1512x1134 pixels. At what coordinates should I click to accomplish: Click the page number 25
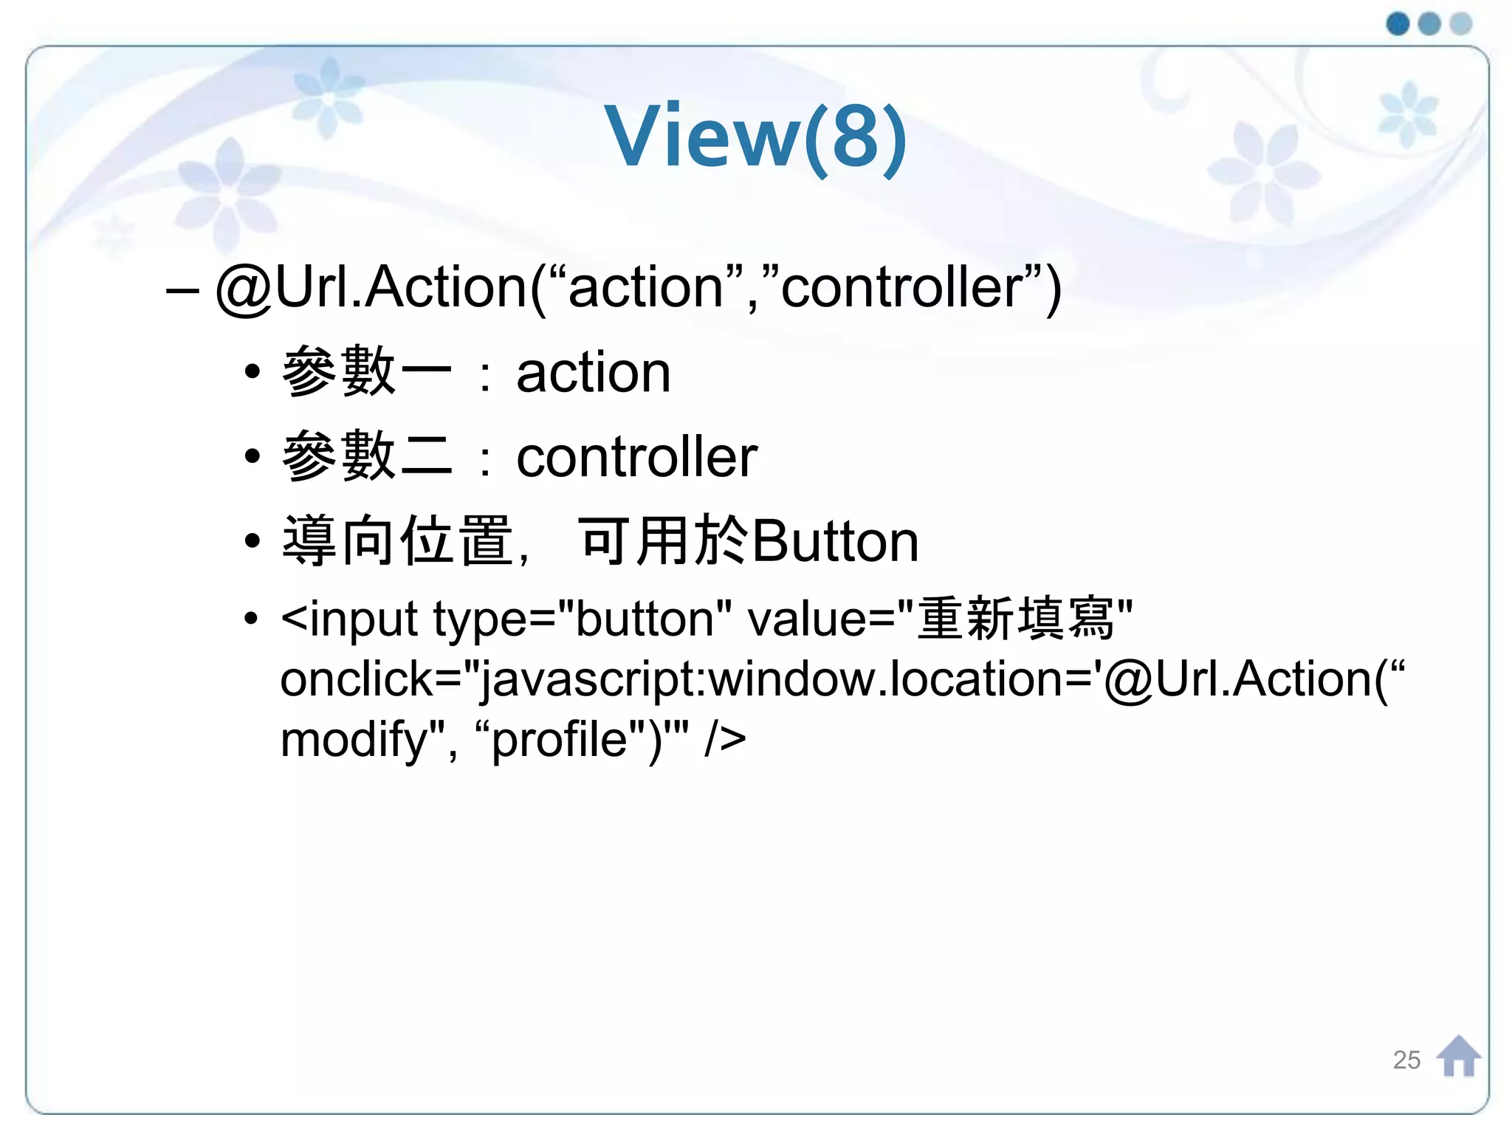coord(1406,1060)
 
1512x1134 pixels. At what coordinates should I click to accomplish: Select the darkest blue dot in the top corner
coord(1398,24)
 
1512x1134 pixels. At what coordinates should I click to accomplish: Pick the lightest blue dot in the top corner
coord(1461,24)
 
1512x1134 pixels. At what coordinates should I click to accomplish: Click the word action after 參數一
coord(593,373)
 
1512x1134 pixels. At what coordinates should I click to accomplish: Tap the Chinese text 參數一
coord(366,371)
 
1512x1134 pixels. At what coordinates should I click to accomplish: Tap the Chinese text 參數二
coord(366,456)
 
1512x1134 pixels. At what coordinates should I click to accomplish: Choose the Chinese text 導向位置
coord(397,541)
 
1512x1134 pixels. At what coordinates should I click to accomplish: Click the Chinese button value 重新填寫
coord(1015,619)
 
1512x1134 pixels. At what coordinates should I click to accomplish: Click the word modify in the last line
coord(353,740)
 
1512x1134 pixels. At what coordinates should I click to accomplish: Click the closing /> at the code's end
coord(725,740)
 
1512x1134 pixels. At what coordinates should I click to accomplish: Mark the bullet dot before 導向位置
coord(252,541)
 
